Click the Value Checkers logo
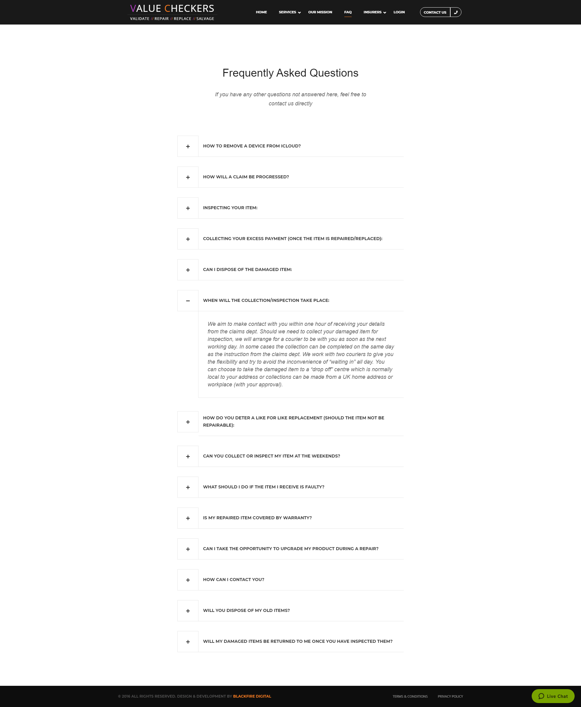point(172,12)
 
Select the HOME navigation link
point(261,12)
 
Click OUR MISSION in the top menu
point(320,12)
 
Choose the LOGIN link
point(399,12)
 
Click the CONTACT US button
point(435,12)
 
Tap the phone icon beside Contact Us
point(455,12)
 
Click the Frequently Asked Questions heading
point(290,73)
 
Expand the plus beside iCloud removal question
point(188,146)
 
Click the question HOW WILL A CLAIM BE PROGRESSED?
point(246,177)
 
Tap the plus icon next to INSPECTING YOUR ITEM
point(188,208)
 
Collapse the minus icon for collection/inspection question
point(188,301)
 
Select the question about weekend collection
point(271,456)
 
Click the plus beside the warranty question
point(188,518)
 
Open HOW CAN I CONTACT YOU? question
point(233,580)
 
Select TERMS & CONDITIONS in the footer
point(410,696)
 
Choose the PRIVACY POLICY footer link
point(450,696)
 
